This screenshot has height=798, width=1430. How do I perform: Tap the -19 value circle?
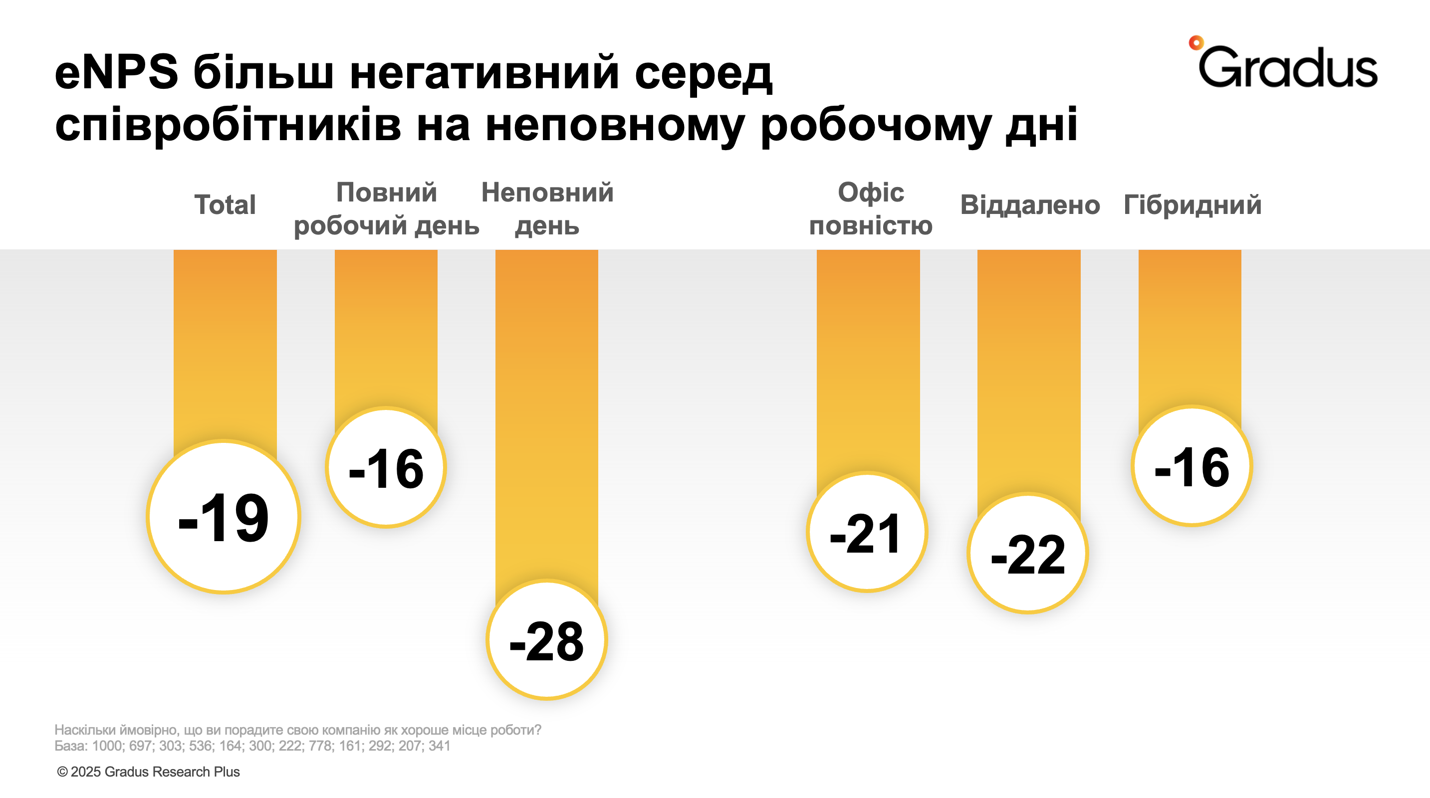click(x=224, y=517)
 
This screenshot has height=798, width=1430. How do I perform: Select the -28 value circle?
click(x=547, y=640)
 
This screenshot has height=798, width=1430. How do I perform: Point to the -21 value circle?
click(x=867, y=532)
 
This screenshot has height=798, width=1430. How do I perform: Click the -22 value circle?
click(x=1027, y=553)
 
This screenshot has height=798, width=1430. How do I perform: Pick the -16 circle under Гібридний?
click(x=1192, y=466)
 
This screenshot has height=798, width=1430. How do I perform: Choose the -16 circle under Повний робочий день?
click(x=386, y=467)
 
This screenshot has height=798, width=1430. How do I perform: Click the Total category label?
click(x=225, y=205)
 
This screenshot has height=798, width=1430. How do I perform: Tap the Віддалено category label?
click(x=1030, y=205)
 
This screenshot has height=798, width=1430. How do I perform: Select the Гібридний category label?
click(x=1192, y=205)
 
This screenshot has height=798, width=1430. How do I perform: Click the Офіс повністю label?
click(x=871, y=209)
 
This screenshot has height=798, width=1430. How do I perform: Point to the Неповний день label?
click(x=547, y=209)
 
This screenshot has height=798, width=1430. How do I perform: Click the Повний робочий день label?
click(x=386, y=209)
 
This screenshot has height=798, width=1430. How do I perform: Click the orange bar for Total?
click(x=225, y=344)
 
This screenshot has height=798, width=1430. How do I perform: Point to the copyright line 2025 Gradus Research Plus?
click(x=148, y=772)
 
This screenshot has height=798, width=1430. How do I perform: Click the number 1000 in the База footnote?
click(x=107, y=746)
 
